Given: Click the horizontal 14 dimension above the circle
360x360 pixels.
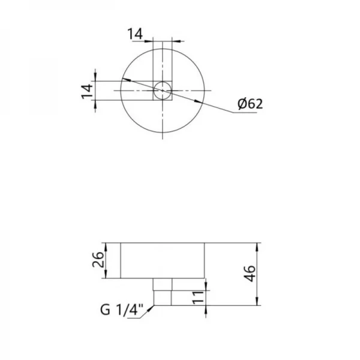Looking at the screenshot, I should click(136, 34).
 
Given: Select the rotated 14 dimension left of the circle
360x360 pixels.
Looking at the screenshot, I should click(87, 91).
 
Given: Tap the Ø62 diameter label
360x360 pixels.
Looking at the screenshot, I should click(250, 104).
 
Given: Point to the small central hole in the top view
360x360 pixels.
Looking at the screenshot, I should click(162, 91).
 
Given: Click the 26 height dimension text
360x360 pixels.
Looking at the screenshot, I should click(100, 260).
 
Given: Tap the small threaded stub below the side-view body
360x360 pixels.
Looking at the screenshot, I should click(163, 292).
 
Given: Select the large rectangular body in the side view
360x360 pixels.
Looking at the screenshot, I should click(163, 260).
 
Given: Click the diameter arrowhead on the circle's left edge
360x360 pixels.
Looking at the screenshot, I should click(124, 79).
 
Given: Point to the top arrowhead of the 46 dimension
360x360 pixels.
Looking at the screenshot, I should click(258, 245).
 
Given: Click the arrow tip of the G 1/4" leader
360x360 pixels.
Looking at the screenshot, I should click(154, 305).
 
